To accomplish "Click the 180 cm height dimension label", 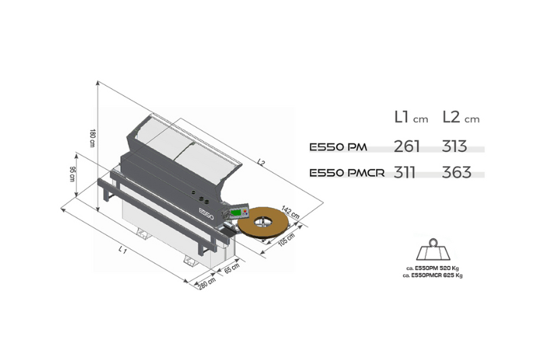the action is pyautogui.click(x=92, y=138).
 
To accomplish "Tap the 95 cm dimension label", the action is pyautogui.click(x=72, y=174).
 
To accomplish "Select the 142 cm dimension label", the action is pyautogui.click(x=290, y=212).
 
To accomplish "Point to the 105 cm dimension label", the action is pyautogui.click(x=286, y=239).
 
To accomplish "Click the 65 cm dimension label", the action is pyautogui.click(x=232, y=268).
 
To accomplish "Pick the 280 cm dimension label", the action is pyautogui.click(x=207, y=283).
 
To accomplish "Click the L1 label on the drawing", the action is pyautogui.click(x=122, y=249).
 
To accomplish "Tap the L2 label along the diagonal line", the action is pyautogui.click(x=261, y=162).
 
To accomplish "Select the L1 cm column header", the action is pyautogui.click(x=411, y=118).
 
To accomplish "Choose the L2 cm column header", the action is pyautogui.click(x=461, y=118).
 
